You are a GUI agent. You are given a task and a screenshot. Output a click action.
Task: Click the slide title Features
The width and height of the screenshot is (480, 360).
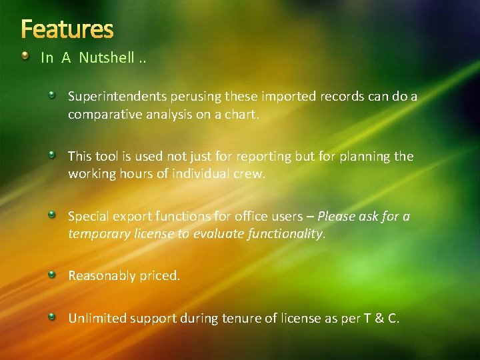tap(67, 29)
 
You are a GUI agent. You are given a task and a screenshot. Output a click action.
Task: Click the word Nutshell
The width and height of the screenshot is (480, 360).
tap(106, 58)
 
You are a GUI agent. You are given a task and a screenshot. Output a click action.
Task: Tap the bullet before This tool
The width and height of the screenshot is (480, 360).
tap(53, 155)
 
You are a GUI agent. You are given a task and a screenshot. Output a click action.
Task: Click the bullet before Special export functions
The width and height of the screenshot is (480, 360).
tap(53, 214)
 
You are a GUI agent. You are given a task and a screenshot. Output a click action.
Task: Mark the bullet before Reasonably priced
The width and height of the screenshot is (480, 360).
tap(53, 273)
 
